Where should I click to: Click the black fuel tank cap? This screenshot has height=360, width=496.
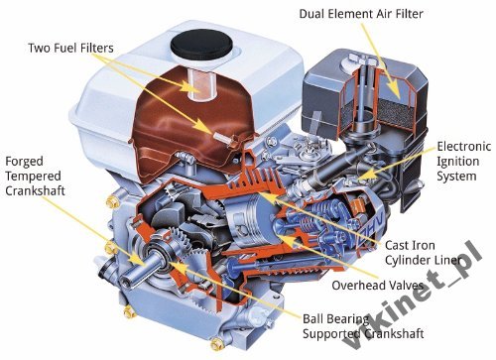[201, 44]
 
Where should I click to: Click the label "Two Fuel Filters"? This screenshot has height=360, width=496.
[70, 48]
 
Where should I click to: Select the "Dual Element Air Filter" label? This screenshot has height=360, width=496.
[361, 14]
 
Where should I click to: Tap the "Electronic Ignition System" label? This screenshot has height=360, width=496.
[463, 161]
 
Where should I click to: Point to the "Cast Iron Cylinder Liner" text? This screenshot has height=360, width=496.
[423, 253]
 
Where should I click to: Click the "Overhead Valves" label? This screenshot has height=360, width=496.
[378, 285]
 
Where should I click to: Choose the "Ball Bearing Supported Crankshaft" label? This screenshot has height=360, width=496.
[363, 326]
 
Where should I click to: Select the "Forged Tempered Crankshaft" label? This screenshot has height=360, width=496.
[35, 176]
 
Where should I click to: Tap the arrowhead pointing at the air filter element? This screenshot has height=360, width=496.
[395, 90]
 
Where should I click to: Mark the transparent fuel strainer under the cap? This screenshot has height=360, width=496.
[201, 84]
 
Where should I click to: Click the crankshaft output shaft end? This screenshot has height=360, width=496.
[128, 279]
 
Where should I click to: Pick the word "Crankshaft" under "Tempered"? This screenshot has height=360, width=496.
[35, 191]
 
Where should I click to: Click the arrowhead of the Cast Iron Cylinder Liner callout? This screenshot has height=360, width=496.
[265, 196]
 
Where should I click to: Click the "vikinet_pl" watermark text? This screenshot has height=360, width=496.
[413, 297]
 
